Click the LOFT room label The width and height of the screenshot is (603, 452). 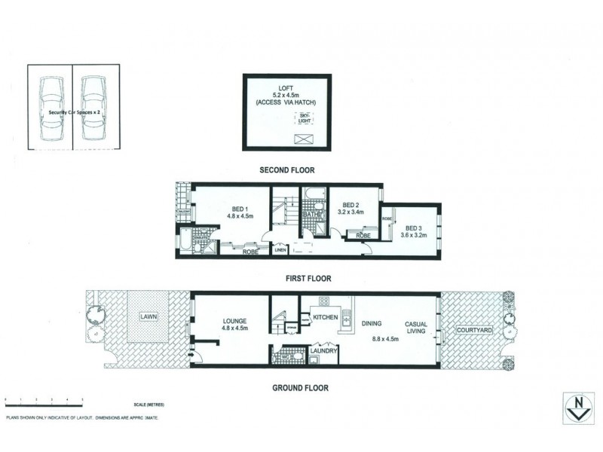tap(286, 87)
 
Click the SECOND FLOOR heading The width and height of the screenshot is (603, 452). tap(286, 169)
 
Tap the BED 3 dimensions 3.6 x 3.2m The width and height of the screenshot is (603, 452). tap(416, 236)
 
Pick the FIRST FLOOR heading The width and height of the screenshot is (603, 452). tap(308, 278)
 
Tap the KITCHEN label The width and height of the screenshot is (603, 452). tap(325, 318)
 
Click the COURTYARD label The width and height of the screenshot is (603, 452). tap(474, 330)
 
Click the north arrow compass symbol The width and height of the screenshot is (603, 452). tap(577, 410)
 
